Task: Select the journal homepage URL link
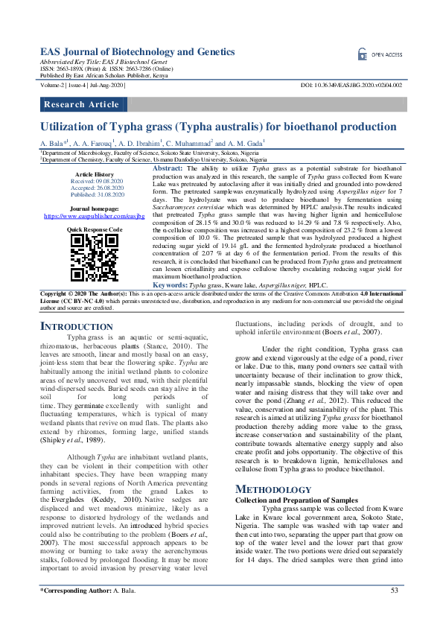[x=94, y=216]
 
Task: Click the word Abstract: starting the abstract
[x=168, y=170]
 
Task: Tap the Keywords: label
[x=170, y=306]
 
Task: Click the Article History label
[x=95, y=174]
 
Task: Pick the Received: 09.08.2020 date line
[x=95, y=181]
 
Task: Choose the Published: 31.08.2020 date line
[x=95, y=194]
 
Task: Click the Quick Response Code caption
[x=95, y=230]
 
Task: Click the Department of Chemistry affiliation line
[x=153, y=160]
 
